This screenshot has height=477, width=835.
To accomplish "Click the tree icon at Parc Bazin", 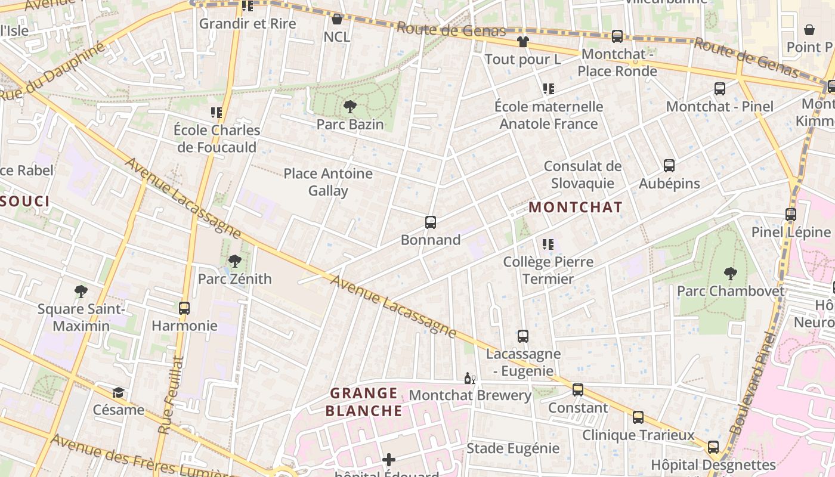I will (x=350, y=107).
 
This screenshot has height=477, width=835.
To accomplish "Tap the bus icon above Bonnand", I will (x=431, y=222).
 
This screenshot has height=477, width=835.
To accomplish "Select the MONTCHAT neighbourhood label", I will (x=576, y=207).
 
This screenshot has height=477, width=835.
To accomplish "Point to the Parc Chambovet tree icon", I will (x=730, y=274).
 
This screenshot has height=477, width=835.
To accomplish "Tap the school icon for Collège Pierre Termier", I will (x=548, y=244).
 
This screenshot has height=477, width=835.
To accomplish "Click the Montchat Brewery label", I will (x=470, y=395).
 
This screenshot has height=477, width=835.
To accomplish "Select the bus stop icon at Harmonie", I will (x=184, y=308).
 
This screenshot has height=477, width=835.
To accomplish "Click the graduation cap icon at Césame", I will (x=119, y=392).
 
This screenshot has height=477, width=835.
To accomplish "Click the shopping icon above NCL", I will (x=337, y=19).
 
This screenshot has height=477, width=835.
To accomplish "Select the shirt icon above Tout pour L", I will (x=522, y=42).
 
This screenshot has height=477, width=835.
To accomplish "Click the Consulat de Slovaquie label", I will (x=583, y=175).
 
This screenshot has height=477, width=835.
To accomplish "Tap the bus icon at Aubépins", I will (x=669, y=166).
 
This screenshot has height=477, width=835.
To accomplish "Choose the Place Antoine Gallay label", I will (x=328, y=182).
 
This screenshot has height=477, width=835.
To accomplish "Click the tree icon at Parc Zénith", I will (x=234, y=261).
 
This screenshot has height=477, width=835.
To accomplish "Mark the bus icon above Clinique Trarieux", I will (x=638, y=417).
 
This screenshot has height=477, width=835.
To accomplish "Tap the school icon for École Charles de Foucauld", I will (x=216, y=112).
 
